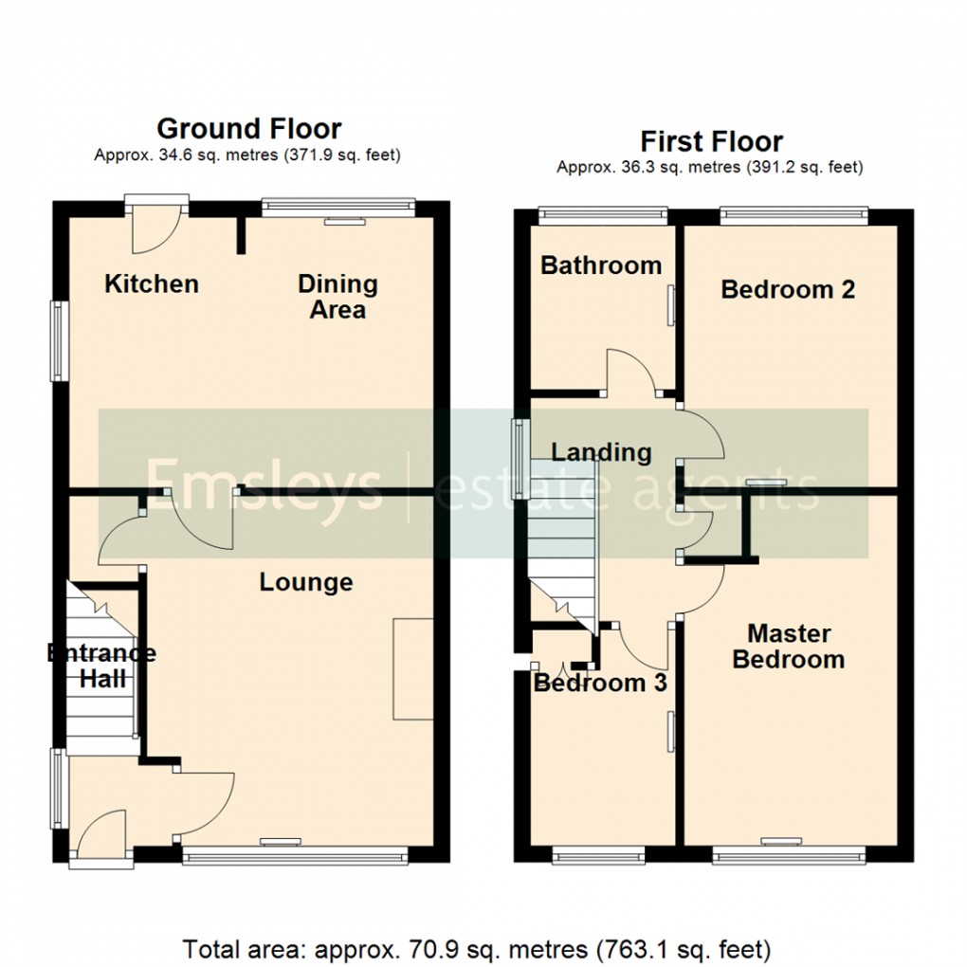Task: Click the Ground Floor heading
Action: tap(248, 128)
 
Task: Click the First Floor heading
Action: tap(711, 142)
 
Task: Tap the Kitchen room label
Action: tap(152, 283)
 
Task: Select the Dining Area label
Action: tap(338, 296)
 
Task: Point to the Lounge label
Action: tap(306, 582)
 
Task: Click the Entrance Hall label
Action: tap(102, 665)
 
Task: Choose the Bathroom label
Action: tap(601, 265)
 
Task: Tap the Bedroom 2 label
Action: tap(788, 289)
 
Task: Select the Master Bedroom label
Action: tap(788, 646)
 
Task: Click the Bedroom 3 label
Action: tap(600, 684)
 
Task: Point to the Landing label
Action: tap(601, 452)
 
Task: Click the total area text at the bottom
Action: tap(476, 948)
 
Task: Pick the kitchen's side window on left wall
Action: tap(60, 341)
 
